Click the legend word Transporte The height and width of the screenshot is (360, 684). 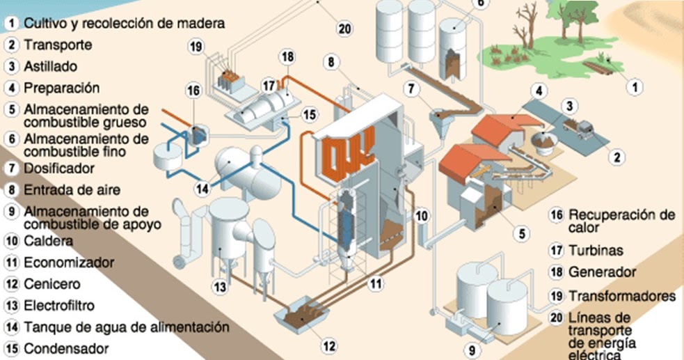coord(58,45)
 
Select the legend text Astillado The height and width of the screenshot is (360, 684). coord(51,67)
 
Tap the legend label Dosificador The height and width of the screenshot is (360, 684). coord(59,169)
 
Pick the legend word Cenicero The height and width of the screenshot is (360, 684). coord(52,284)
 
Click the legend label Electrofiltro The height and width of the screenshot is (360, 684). coord(59,305)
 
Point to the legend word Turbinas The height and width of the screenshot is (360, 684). coord(596,250)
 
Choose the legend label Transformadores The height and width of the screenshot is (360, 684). coord(622,296)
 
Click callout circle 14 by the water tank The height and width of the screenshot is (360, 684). coord(202,188)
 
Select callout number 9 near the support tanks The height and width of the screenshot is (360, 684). coord(472,350)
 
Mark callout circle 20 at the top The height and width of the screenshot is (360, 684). coord(344,29)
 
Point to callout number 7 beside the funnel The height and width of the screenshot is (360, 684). coord(412,89)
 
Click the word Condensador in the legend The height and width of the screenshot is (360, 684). coord(66,348)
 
